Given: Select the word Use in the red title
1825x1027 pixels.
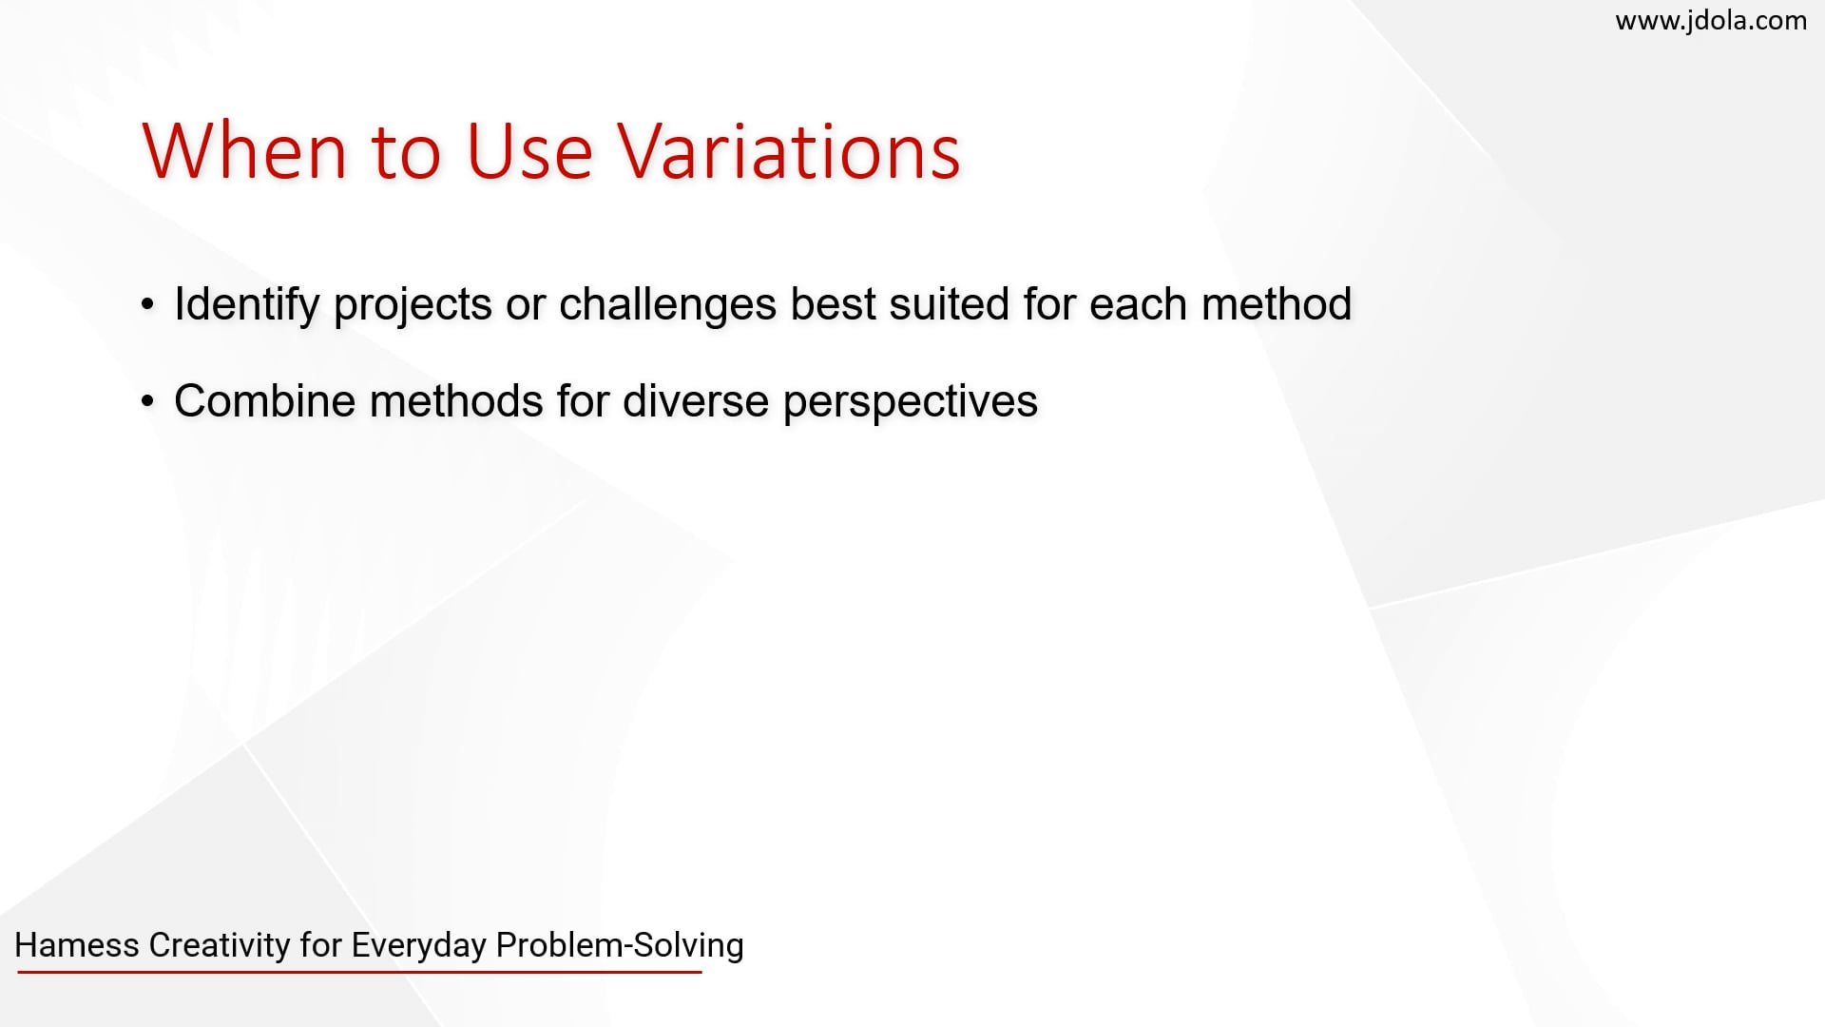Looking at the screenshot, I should pyautogui.click(x=529, y=152).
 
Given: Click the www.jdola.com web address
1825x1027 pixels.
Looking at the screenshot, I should pyautogui.click(x=1711, y=21).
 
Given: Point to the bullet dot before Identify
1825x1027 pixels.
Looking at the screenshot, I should pyautogui.click(x=147, y=305).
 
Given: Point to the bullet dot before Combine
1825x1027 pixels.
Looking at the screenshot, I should pyautogui.click(x=147, y=401).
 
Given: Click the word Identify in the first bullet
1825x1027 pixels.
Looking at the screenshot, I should pyautogui.click(x=246, y=305).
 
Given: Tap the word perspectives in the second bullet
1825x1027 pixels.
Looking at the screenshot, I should pyautogui.click(x=910, y=401).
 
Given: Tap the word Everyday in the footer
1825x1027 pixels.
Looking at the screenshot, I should pyautogui.click(x=419, y=945).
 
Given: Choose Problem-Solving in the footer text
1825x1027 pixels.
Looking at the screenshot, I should pyautogui.click(x=620, y=945).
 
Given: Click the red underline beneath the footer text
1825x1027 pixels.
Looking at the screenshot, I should pyautogui.click(x=359, y=972).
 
